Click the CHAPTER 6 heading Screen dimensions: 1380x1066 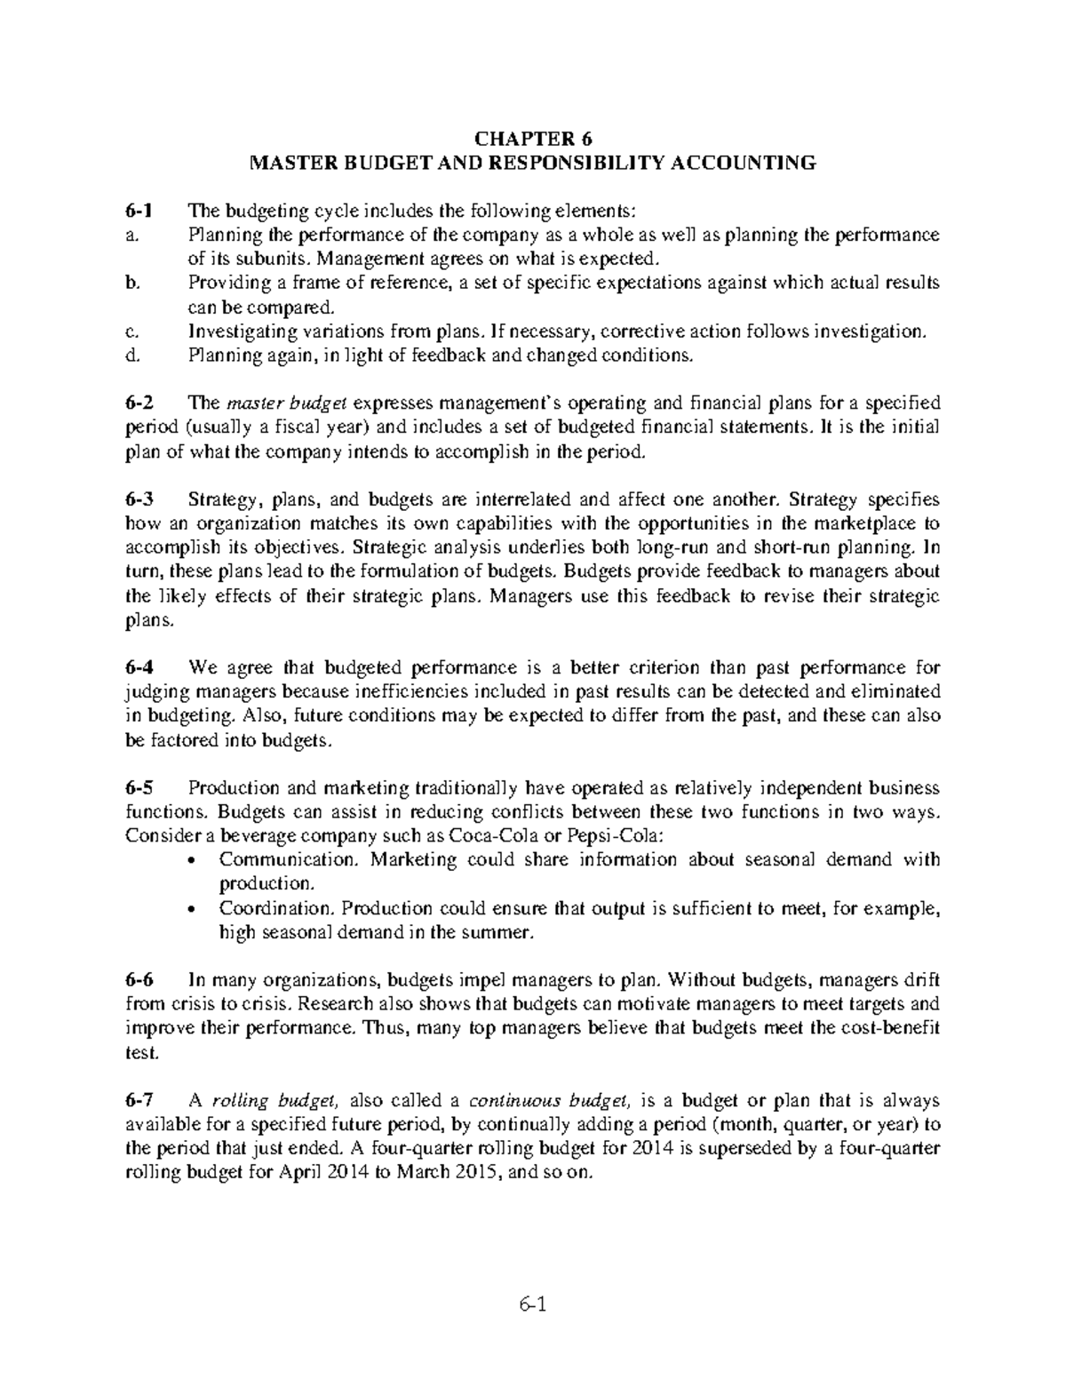(x=532, y=139)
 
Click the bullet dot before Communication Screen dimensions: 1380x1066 (x=195, y=861)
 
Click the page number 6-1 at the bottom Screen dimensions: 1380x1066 (x=532, y=1305)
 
